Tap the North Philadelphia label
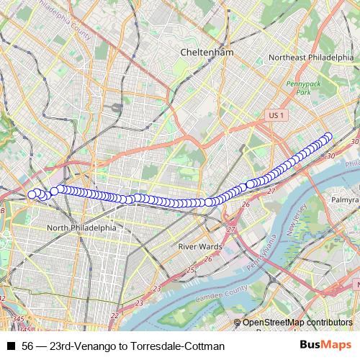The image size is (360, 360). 81,228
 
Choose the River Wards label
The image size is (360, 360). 199,246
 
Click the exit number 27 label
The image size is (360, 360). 231,229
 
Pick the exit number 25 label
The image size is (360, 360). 190,270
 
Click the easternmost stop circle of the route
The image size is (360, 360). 329,136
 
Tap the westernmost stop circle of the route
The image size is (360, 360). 32,193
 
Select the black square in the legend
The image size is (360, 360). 12,346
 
